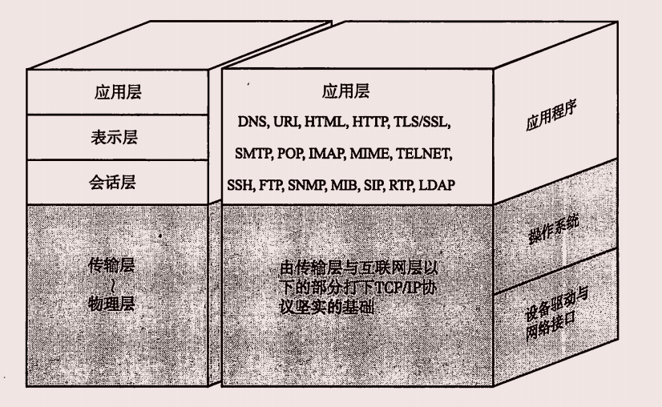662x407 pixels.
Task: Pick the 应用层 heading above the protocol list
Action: (x=345, y=91)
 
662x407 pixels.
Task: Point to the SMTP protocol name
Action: (x=253, y=153)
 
